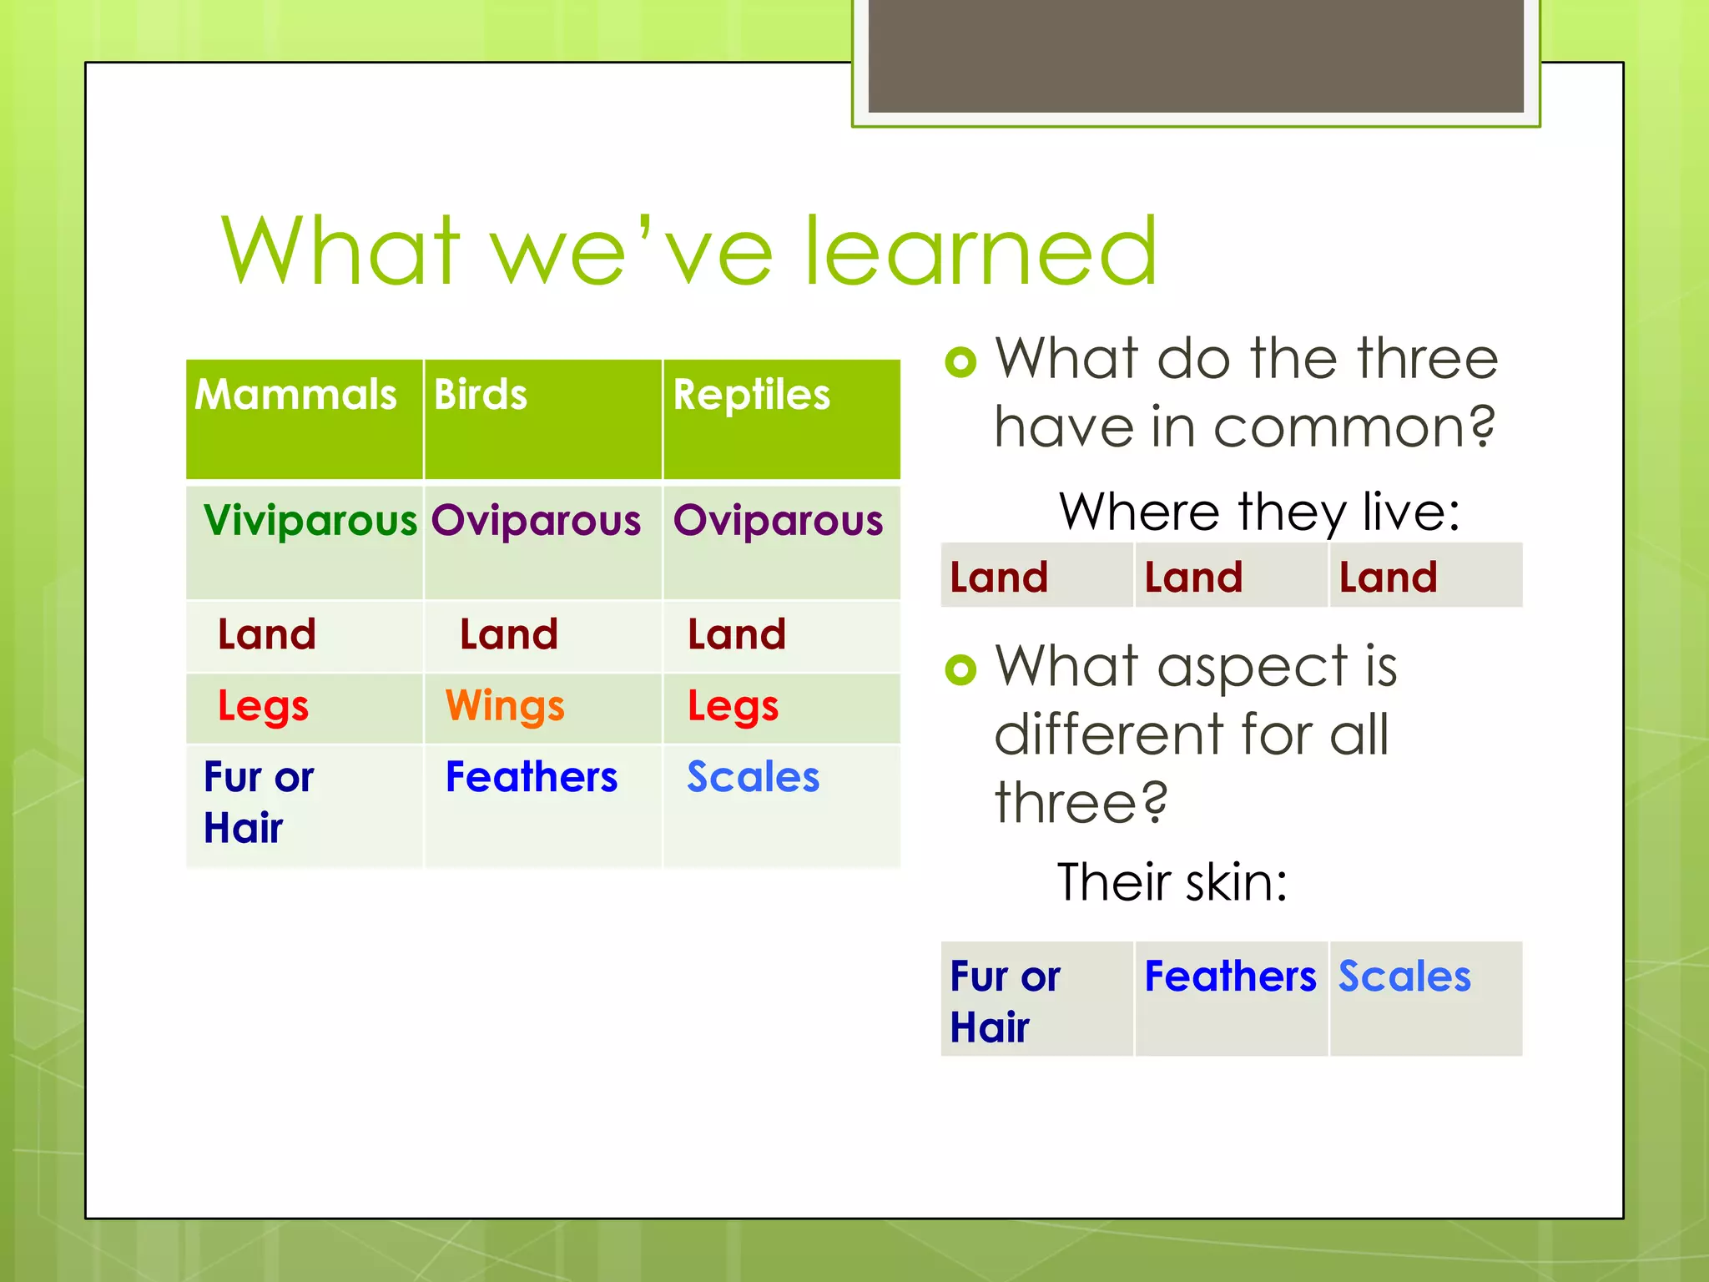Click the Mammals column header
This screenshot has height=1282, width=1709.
pyautogui.click(x=295, y=395)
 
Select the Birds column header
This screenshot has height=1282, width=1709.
pyautogui.click(x=481, y=395)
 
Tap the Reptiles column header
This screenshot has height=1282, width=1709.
pyautogui.click(x=751, y=395)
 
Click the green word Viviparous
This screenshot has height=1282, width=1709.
pyautogui.click(x=310, y=520)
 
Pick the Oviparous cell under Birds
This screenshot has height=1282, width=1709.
pyautogui.click(x=536, y=520)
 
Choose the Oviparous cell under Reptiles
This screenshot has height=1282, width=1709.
pyautogui.click(x=778, y=520)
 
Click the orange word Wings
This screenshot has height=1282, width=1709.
pyautogui.click(x=505, y=706)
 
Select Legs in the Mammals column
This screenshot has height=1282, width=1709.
pyautogui.click(x=263, y=706)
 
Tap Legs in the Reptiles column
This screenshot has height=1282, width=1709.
pyautogui.click(x=733, y=706)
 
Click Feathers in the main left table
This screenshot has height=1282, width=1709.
pyautogui.click(x=532, y=777)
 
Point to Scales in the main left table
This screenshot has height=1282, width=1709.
pyautogui.click(x=753, y=777)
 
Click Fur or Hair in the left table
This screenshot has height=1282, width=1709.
pyautogui.click(x=258, y=802)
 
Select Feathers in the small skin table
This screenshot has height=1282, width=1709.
pyautogui.click(x=1229, y=977)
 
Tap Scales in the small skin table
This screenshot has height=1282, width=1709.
pyautogui.click(x=1404, y=977)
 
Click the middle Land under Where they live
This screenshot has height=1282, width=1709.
pyautogui.click(x=1193, y=578)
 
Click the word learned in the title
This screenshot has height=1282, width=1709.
pyautogui.click(x=980, y=251)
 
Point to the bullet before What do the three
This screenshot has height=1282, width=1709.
pyautogui.click(x=960, y=361)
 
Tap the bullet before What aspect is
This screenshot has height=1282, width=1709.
pyautogui.click(x=960, y=669)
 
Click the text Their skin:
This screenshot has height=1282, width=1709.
pyautogui.click(x=1172, y=882)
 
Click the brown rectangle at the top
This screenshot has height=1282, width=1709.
pyautogui.click(x=1195, y=55)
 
